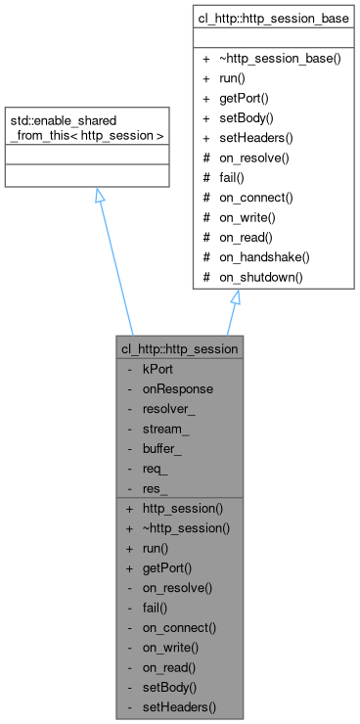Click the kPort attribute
(x=159, y=369)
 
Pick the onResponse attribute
(x=177, y=388)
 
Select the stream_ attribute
(x=167, y=429)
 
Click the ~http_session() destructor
(x=186, y=528)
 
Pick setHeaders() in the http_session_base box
(x=259, y=138)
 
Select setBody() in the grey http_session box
(x=169, y=687)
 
